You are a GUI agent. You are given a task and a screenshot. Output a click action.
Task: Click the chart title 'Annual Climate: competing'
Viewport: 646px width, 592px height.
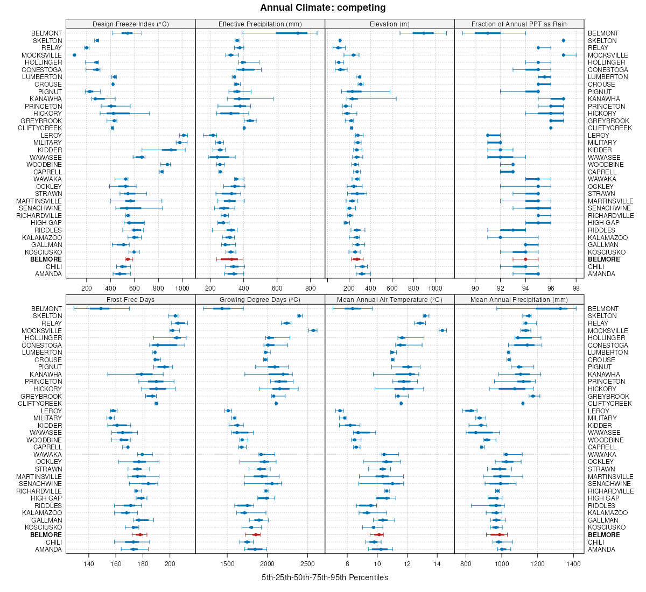pos(323,8)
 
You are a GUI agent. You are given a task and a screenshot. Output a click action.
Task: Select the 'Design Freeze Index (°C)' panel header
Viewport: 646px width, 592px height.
pos(130,24)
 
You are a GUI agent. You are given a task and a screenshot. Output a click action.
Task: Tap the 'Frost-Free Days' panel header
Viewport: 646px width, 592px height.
pos(130,299)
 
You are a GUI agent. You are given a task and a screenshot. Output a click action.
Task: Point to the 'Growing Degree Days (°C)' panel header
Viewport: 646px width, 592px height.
pos(260,299)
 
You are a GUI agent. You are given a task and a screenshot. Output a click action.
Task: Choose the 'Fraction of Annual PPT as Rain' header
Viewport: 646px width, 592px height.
pos(519,24)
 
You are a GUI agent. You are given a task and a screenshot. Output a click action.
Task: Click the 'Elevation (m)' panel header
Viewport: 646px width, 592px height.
pos(390,24)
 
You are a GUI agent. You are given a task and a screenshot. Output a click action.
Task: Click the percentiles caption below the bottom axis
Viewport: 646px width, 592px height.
pos(325,577)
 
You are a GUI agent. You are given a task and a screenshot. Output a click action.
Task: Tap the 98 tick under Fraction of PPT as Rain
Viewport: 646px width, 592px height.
pos(576,288)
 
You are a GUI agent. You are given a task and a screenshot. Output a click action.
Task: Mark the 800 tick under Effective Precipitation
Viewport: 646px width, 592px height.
pos(310,288)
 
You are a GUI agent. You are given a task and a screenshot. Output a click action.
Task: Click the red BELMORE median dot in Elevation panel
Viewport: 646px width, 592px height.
pos(356,259)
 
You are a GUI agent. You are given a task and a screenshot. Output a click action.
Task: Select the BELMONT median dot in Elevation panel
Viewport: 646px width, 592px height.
pos(424,33)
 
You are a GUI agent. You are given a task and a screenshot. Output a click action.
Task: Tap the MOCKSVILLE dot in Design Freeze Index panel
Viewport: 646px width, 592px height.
pos(74,55)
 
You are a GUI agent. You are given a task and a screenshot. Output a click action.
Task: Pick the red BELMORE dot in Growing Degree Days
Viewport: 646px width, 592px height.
pos(256,535)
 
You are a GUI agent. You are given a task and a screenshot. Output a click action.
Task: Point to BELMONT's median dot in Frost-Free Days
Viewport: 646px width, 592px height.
pos(101,308)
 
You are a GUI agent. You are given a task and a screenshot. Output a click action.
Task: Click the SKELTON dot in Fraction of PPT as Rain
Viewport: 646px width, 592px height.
pos(563,40)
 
